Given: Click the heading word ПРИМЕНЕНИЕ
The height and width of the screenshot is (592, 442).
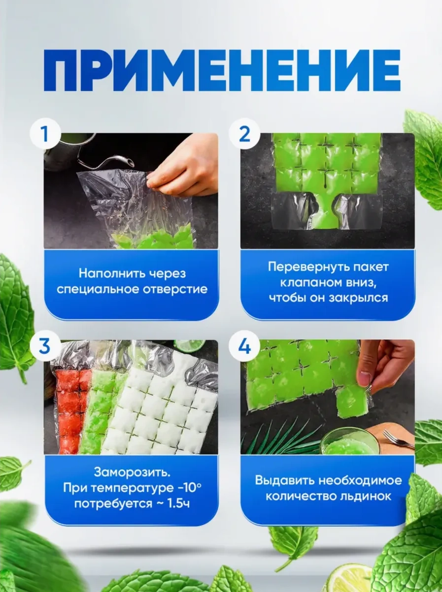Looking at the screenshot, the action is click(222, 70).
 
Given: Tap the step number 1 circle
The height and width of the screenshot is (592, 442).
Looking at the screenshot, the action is click(45, 134).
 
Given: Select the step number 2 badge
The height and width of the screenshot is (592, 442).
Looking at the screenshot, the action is click(244, 134).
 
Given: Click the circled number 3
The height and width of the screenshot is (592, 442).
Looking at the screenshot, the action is click(45, 346).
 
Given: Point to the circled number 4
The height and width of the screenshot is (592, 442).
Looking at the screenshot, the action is click(244, 346).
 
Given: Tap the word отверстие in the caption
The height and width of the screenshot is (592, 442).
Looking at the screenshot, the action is click(175, 290).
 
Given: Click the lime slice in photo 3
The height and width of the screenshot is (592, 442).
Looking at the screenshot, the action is click(190, 345).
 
